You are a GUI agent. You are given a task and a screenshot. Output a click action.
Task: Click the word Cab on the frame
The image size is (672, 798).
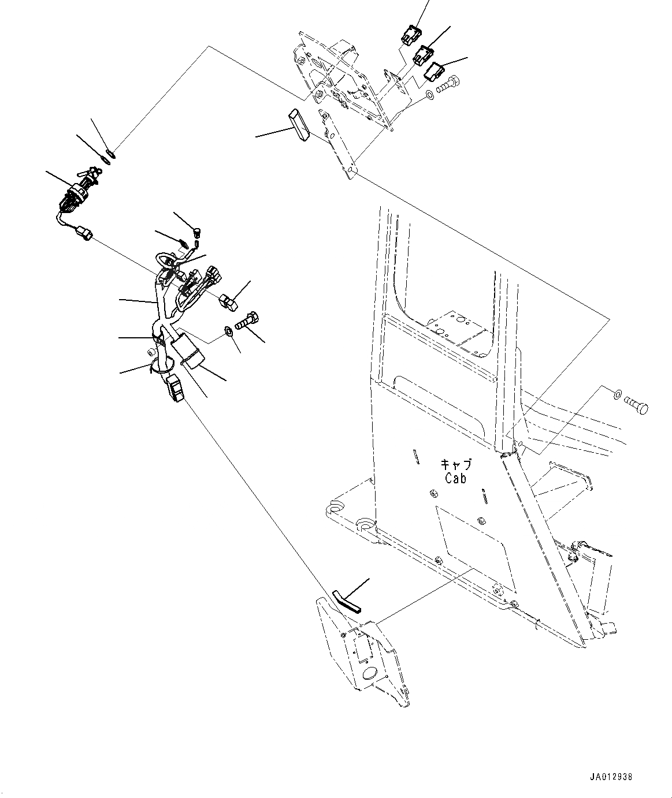pos(455,478)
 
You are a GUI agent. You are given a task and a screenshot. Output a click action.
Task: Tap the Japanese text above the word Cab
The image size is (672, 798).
pos(456,465)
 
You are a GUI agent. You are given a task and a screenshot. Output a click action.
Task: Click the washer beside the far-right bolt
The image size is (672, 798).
pos(617,395)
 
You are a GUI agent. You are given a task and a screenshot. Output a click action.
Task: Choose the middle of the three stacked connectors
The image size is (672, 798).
pos(423,55)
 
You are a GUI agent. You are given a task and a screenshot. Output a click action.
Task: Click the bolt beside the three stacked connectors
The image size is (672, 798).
pos(449,85)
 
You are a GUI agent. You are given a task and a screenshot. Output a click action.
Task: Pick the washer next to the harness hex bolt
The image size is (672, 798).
pos(228,331)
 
